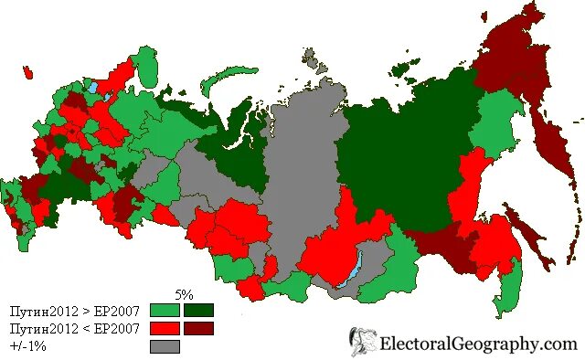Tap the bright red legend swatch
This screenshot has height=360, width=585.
coord(165,328)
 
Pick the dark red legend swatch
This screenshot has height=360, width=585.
coord(197,328)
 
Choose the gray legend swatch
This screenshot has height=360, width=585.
coord(165,346)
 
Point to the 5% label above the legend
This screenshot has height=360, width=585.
coord(184,295)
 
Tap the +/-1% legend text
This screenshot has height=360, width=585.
coord(28,346)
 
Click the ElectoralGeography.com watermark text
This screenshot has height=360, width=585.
coord(480,344)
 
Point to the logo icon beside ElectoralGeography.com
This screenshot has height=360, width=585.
coord(363,342)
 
